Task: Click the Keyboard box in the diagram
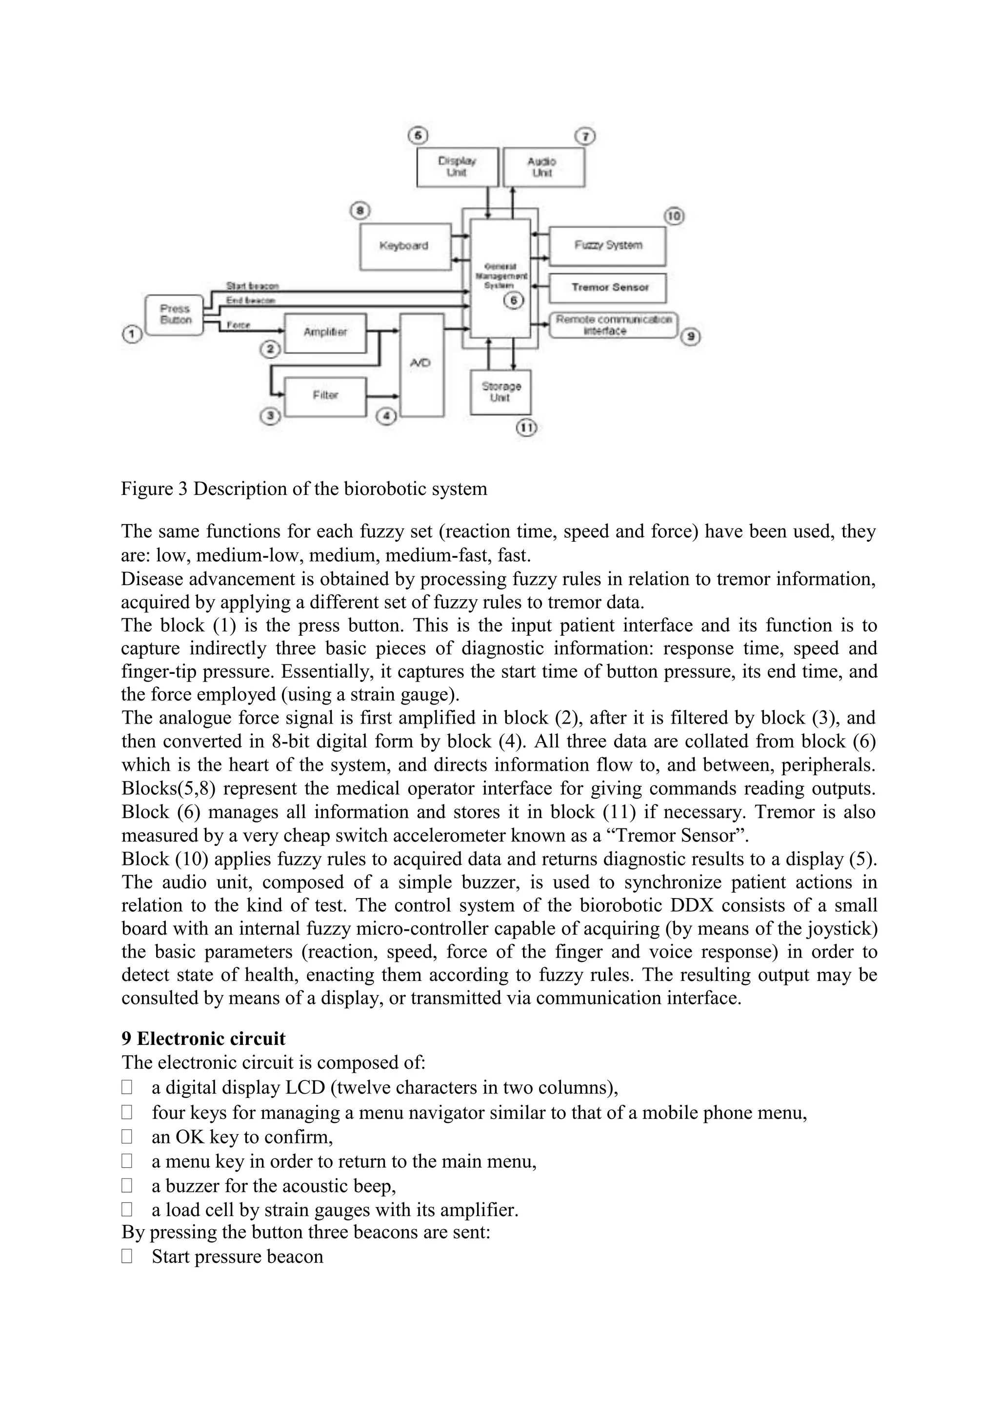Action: coord(405,247)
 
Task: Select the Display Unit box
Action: coord(457,167)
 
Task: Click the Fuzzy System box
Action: coord(607,245)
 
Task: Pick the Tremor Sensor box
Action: coord(608,288)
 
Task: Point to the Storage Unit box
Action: coord(501,392)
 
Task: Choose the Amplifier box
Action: coord(325,333)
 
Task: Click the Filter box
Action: coord(325,396)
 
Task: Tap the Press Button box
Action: coord(175,315)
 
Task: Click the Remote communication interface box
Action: coord(613,325)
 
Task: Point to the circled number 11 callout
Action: coord(526,428)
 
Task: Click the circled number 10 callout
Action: coord(674,216)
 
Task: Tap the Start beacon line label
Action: coord(252,287)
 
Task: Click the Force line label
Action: coord(238,325)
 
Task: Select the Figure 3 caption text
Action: coord(304,489)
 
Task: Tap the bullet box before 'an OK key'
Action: coord(127,1137)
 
